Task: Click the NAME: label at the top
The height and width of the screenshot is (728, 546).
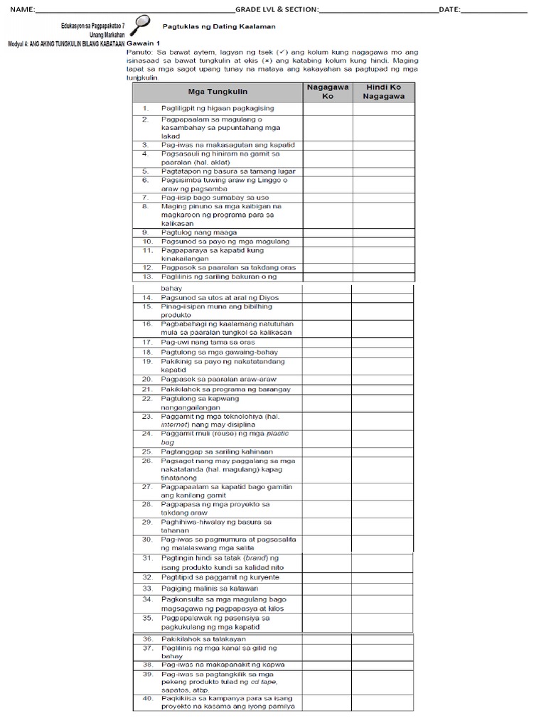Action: point(21,9)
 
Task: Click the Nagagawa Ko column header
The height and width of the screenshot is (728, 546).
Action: point(327,92)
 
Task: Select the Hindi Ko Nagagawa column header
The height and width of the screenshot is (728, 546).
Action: point(383,92)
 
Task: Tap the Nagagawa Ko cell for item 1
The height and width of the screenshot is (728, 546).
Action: point(327,108)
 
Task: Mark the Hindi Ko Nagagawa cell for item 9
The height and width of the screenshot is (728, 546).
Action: point(383,232)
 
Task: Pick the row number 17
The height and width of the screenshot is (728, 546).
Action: point(147,342)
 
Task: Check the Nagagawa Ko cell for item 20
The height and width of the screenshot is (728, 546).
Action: point(327,379)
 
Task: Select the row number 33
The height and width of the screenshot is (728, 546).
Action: point(147,589)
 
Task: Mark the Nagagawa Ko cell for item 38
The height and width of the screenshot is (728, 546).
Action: point(327,664)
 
